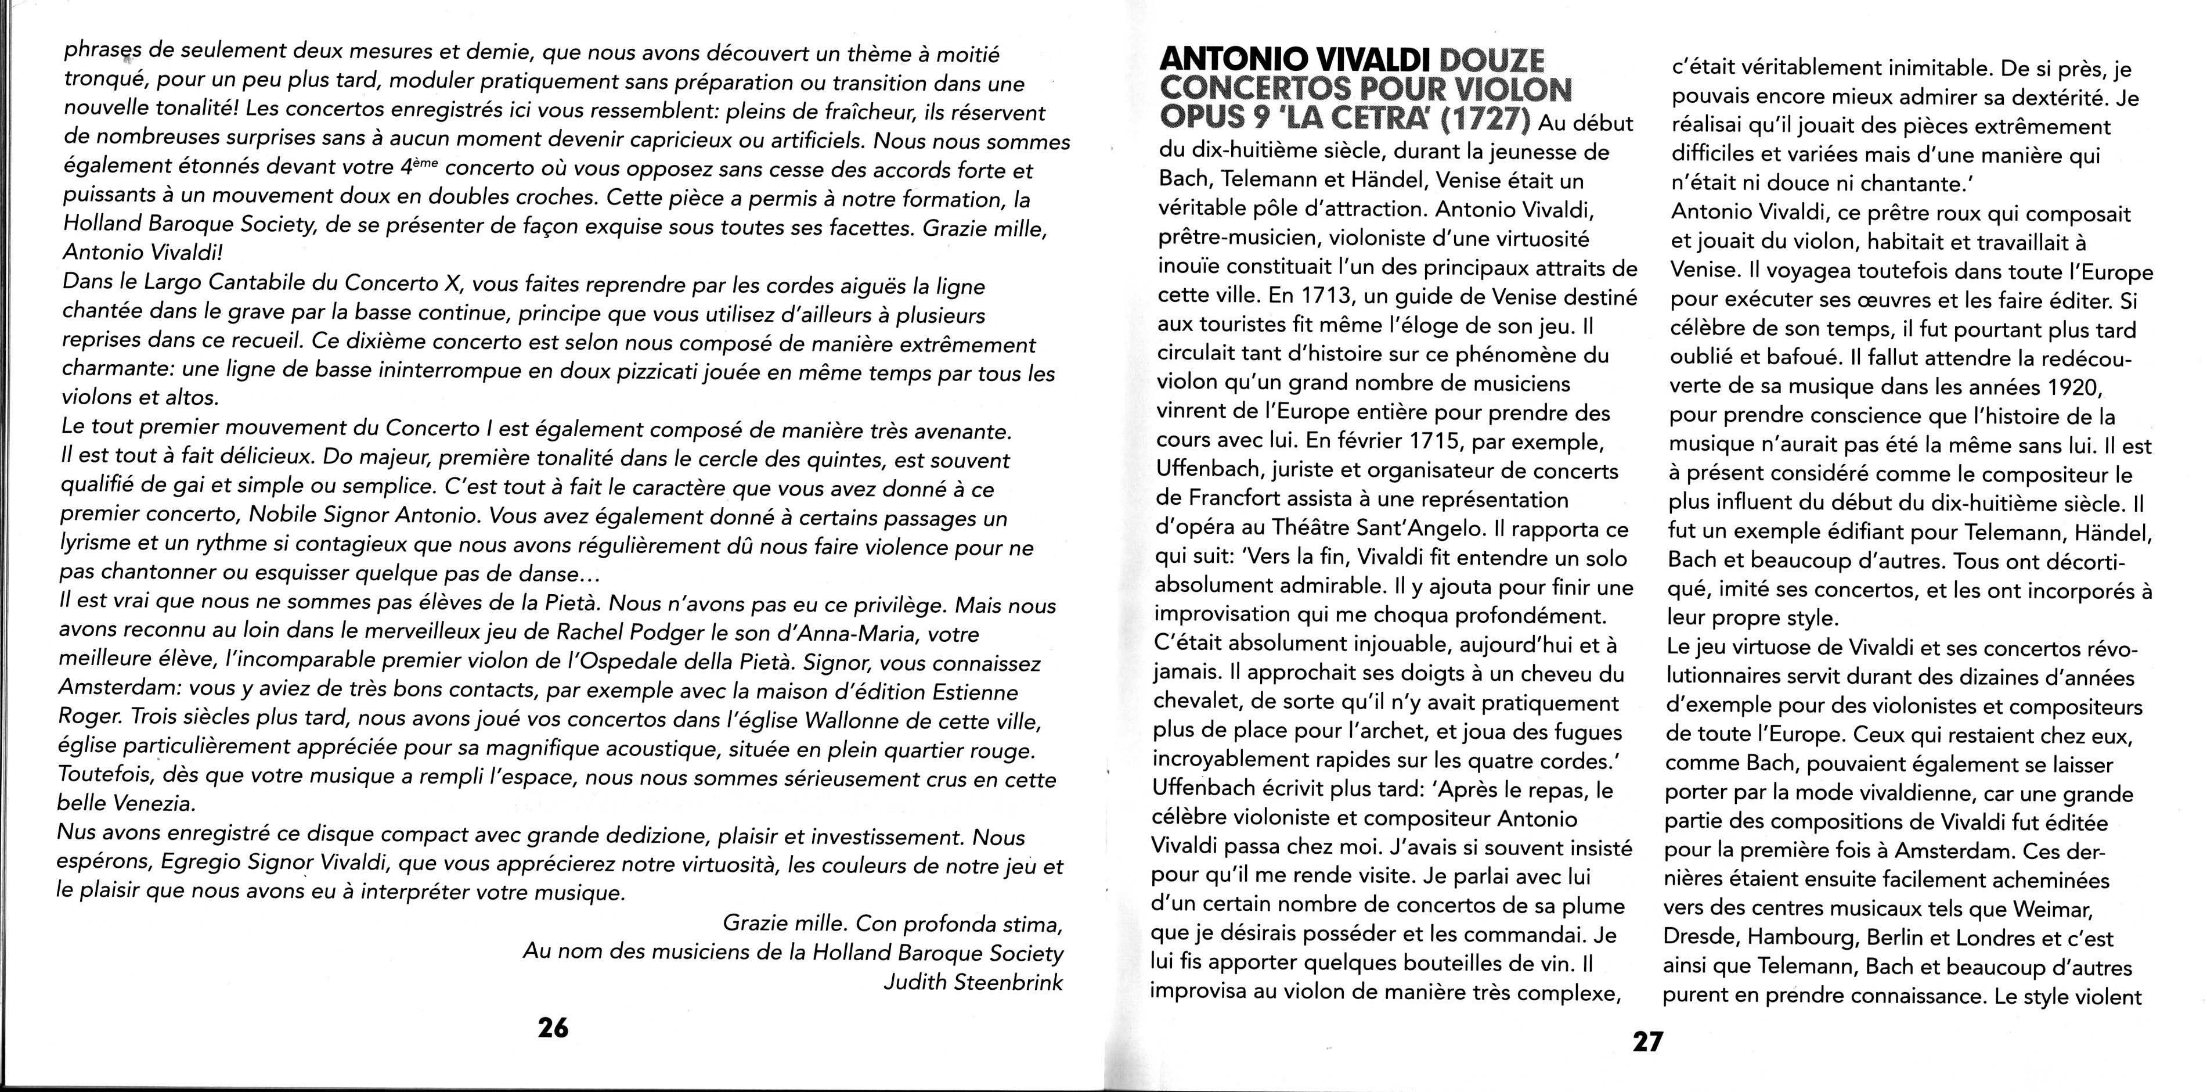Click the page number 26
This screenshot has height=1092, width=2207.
click(x=553, y=1027)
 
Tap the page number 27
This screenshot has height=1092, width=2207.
click(x=1647, y=1041)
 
